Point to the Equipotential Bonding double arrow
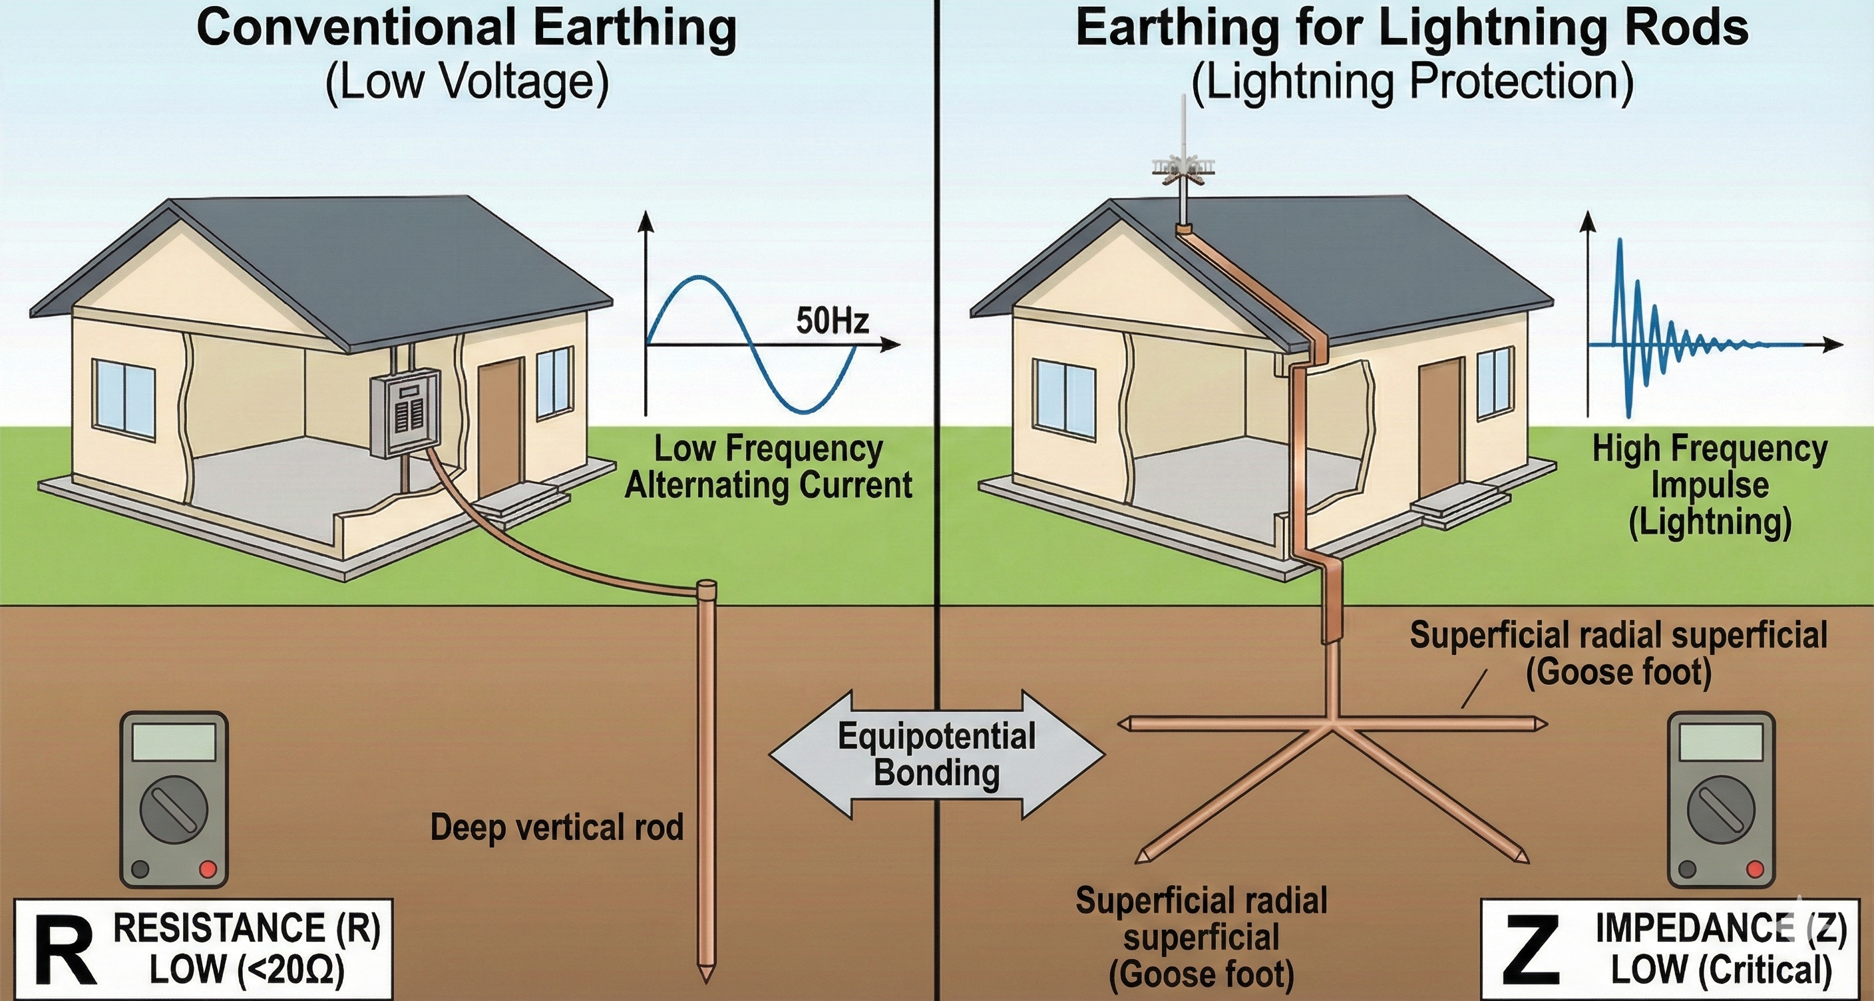coord(937,754)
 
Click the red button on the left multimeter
coord(208,869)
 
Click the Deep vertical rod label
coord(556,828)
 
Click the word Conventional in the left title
coord(357,29)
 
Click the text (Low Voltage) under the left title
coord(467,81)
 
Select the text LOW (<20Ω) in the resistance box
coord(248,970)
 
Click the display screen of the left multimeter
coord(174,742)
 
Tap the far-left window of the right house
coord(1065,399)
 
